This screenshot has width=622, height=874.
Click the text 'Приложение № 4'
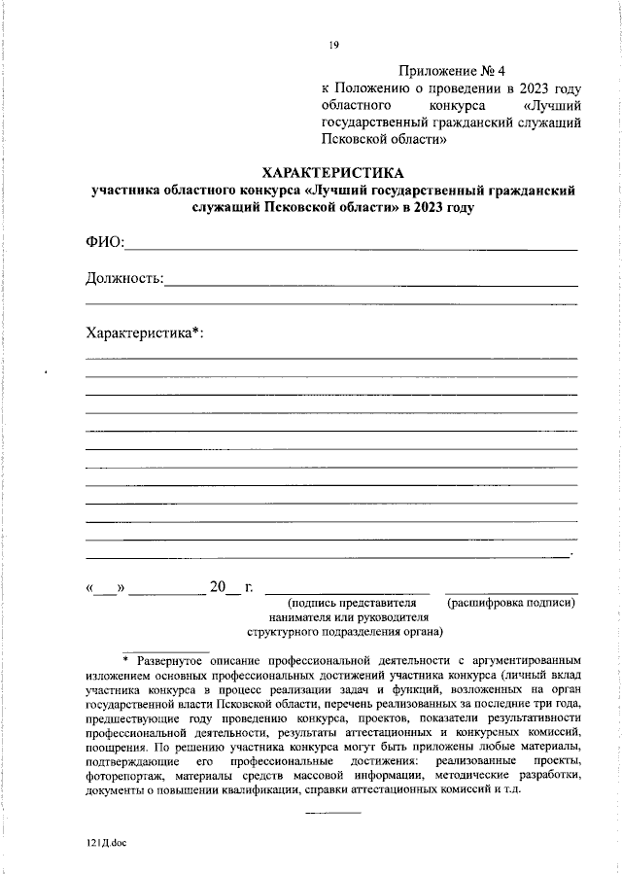(453, 71)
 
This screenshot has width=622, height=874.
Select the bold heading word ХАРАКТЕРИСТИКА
(332, 172)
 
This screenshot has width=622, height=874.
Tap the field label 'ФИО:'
(106, 242)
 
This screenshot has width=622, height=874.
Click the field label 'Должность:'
(124, 279)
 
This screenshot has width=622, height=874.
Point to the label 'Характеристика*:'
(145, 332)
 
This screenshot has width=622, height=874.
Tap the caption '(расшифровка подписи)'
(511, 603)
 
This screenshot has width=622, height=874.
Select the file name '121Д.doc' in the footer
(107, 843)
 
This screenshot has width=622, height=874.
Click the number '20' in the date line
(217, 587)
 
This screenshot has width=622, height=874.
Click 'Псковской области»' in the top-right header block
(383, 139)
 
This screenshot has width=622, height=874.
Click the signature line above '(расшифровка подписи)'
(511, 592)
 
